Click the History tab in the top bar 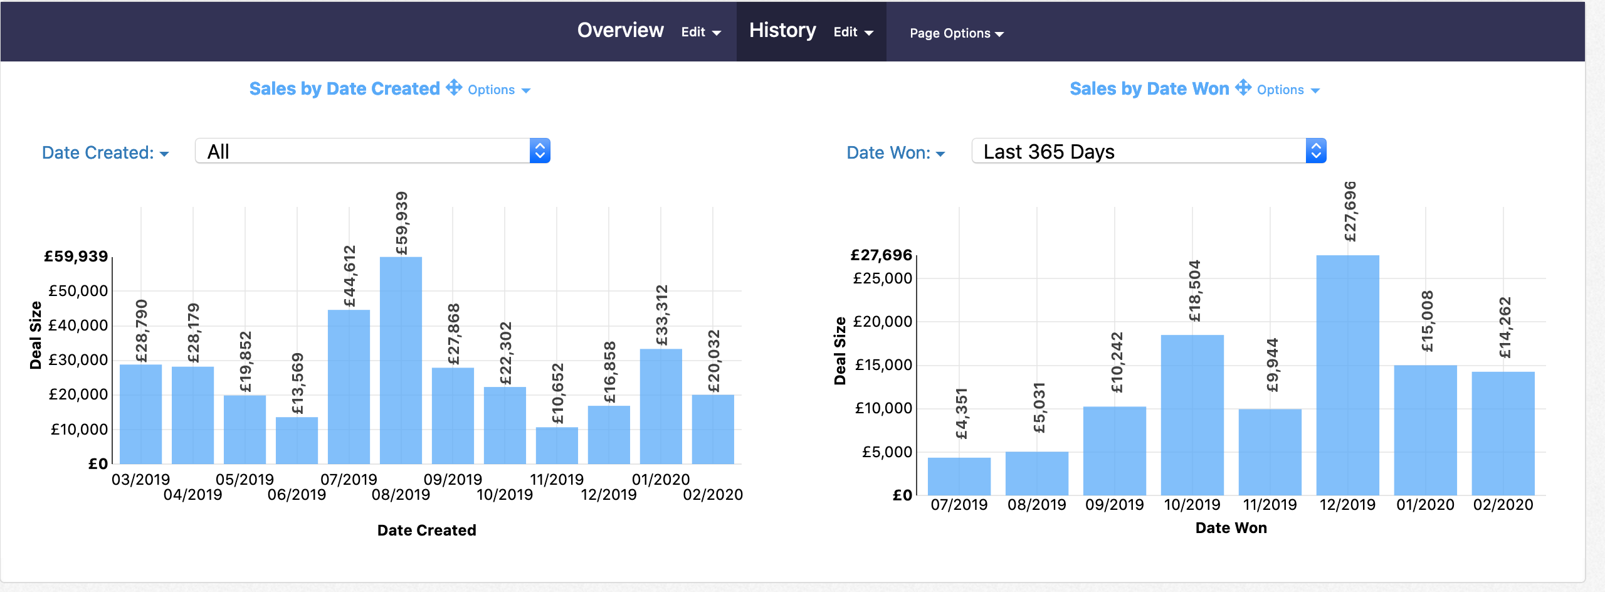pyautogui.click(x=782, y=31)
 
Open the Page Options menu pyautogui.click(x=956, y=33)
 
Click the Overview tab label pyautogui.click(x=620, y=31)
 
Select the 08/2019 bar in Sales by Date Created pyautogui.click(x=401, y=361)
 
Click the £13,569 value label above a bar pyautogui.click(x=297, y=384)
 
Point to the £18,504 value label pyautogui.click(x=1194, y=291)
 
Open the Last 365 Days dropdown pyautogui.click(x=1148, y=151)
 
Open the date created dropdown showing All pyautogui.click(x=372, y=151)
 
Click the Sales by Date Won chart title pyautogui.click(x=1149, y=89)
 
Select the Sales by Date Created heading pyautogui.click(x=344, y=89)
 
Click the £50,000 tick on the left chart pyautogui.click(x=78, y=291)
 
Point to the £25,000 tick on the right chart pyautogui.click(x=882, y=278)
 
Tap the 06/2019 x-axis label pyautogui.click(x=297, y=495)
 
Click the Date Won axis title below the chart pyautogui.click(x=1231, y=528)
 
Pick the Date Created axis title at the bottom pyautogui.click(x=426, y=531)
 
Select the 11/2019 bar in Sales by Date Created pyautogui.click(x=557, y=446)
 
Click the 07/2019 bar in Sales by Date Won pyautogui.click(x=959, y=477)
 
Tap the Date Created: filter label pyautogui.click(x=105, y=153)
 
